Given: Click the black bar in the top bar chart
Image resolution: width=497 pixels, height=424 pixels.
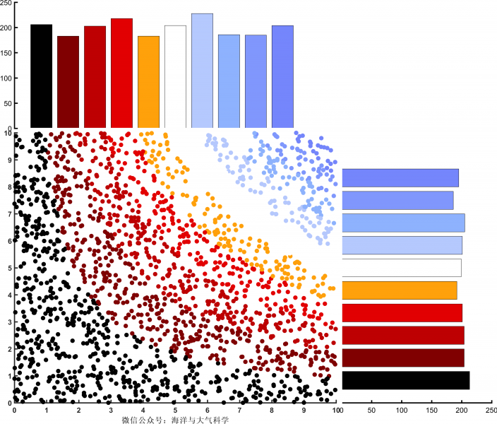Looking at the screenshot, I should pyautogui.click(x=41, y=76).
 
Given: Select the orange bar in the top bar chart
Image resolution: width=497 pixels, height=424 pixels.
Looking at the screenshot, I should pyautogui.click(x=148, y=82).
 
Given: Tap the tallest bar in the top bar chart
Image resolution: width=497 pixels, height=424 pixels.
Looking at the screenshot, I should pyautogui.click(x=202, y=71).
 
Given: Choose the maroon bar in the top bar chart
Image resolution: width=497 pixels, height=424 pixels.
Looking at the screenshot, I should pyautogui.click(x=68, y=82).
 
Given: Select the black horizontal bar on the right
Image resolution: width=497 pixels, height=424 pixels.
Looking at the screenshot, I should pyautogui.click(x=405, y=380).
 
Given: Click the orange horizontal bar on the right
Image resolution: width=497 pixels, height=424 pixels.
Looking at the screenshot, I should pyautogui.click(x=400, y=290).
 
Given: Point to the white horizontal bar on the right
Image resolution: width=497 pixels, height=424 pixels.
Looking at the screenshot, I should pyautogui.click(x=402, y=268).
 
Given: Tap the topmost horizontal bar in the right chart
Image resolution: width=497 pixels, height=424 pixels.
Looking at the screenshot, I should pyautogui.click(x=400, y=177).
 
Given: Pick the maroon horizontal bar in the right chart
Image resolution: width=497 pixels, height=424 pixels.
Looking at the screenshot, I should pyautogui.click(x=403, y=358).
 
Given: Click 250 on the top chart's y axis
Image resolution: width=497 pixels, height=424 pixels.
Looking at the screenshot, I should pyautogui.click(x=6, y=4).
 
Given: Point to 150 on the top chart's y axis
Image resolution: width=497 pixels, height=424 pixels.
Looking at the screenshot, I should pyautogui.click(x=6, y=53).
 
